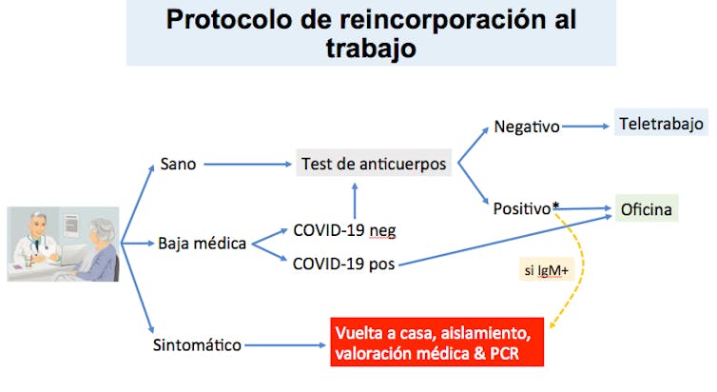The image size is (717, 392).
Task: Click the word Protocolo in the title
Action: [228, 20]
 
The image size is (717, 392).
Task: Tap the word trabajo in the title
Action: [371, 49]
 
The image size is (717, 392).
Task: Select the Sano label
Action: [178, 164]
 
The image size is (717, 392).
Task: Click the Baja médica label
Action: [202, 243]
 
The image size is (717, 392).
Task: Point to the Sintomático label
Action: [197, 344]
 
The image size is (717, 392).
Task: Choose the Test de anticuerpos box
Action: [374, 164]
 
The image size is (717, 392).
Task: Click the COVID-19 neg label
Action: [344, 230]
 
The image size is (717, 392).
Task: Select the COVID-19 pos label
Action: [344, 264]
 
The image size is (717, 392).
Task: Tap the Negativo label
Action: [526, 127]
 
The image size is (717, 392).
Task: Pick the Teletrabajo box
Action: [661, 123]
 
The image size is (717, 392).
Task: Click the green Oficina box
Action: [646, 209]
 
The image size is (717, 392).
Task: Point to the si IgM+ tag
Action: [547, 270]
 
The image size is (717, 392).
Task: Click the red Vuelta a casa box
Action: [436, 343]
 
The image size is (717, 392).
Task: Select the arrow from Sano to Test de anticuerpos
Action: [247, 164]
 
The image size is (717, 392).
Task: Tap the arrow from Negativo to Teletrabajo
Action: [586, 127]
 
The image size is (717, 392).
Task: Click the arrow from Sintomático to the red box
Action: [285, 344]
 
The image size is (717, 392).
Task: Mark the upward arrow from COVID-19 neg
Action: [355, 201]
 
